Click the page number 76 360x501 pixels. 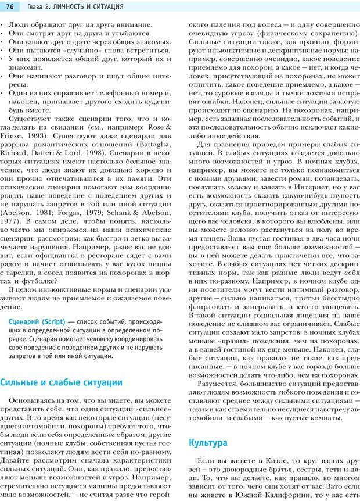10,6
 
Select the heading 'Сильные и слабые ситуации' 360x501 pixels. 62,382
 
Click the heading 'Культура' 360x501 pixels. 208,442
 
